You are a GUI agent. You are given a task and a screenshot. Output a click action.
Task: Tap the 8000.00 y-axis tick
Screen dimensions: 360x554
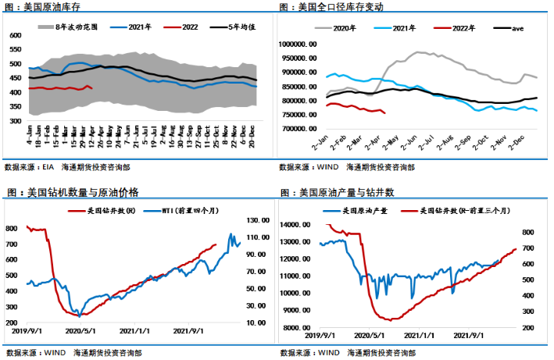click(299, 328)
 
